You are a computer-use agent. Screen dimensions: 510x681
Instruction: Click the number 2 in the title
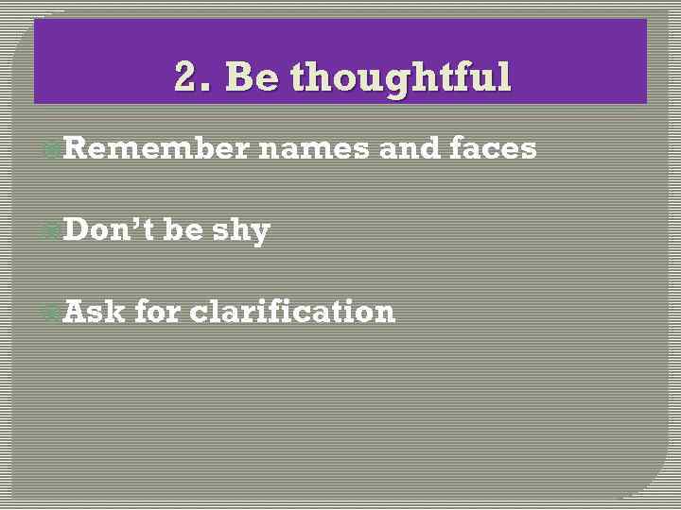click(186, 77)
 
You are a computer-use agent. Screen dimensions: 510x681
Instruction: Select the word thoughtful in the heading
click(401, 77)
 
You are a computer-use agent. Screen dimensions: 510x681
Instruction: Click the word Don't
click(109, 229)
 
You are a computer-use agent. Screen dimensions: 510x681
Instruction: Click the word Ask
click(94, 311)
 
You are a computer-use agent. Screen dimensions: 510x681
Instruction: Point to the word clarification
click(292, 311)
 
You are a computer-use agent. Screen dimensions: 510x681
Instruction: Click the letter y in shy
click(259, 233)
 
